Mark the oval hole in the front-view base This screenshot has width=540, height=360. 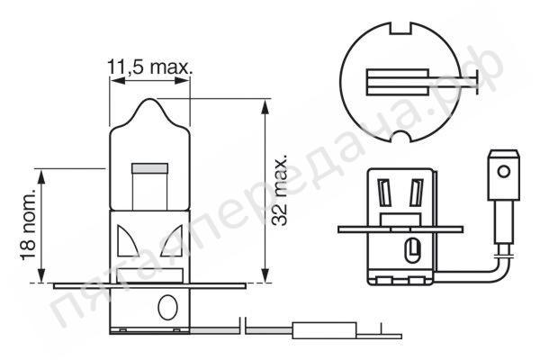click(165, 306)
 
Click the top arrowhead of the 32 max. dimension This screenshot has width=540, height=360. click(265, 104)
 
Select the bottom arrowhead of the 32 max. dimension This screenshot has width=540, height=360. click(265, 275)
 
